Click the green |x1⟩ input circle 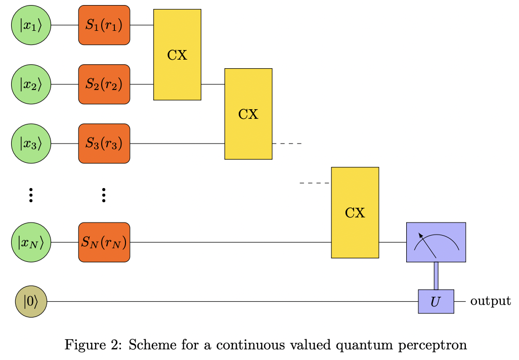pyautogui.click(x=31, y=25)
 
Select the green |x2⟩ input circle pyautogui.click(x=31, y=84)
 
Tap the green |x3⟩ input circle pyautogui.click(x=31, y=144)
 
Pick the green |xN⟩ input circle pyautogui.click(x=31, y=243)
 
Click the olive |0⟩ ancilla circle pyautogui.click(x=31, y=301)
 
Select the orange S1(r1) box pyautogui.click(x=104, y=25)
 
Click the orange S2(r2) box pyautogui.click(x=104, y=84)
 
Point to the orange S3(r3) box pyautogui.click(x=104, y=144)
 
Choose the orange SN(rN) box pyautogui.click(x=104, y=243)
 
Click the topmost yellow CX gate pyautogui.click(x=177, y=55)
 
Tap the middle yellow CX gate pyautogui.click(x=248, y=114)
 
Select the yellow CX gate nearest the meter pyautogui.click(x=355, y=212)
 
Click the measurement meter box pyautogui.click(x=436, y=242)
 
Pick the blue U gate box pyautogui.click(x=436, y=301)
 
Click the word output pyautogui.click(x=490, y=301)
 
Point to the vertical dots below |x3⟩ pyautogui.click(x=31, y=195)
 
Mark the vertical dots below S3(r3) pyautogui.click(x=104, y=195)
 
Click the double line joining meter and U pyautogui.click(x=436, y=276)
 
